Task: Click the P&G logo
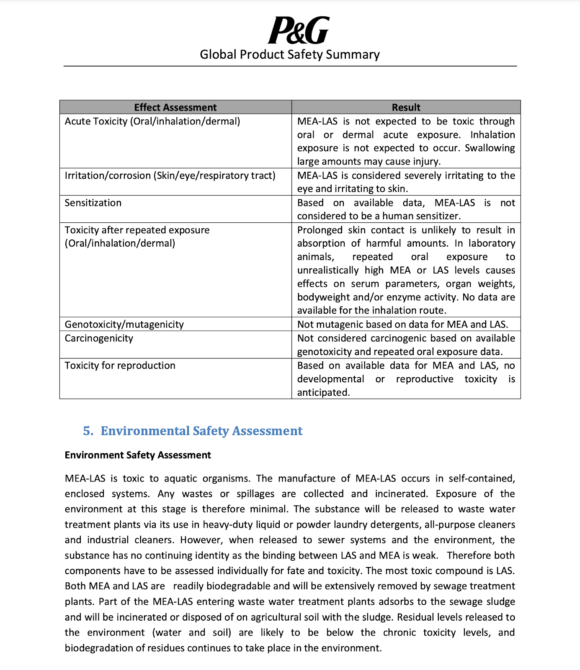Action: (298, 30)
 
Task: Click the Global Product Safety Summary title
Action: (290, 54)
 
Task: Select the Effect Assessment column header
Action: (175, 107)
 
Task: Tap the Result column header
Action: (406, 107)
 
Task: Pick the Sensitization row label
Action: (93, 203)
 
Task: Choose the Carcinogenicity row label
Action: (99, 338)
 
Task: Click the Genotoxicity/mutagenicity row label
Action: (124, 324)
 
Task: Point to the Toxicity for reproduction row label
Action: (120, 365)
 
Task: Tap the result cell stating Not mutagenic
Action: (402, 324)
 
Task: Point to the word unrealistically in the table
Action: (328, 270)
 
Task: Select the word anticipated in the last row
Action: (323, 392)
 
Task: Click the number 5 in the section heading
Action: (87, 431)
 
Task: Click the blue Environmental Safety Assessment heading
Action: (201, 431)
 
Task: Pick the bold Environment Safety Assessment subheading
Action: (138, 455)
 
